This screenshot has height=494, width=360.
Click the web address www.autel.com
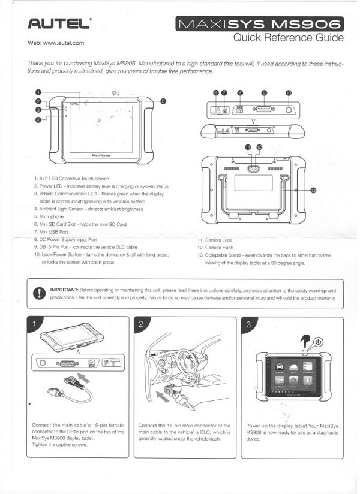coord(55,43)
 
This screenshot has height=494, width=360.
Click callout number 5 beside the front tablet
coord(163,102)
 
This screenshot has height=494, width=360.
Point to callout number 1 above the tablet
coord(38,92)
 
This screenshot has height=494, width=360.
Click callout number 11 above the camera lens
coord(247,146)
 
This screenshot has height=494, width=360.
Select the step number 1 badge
coord(35,324)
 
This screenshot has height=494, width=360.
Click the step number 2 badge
coord(141,324)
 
